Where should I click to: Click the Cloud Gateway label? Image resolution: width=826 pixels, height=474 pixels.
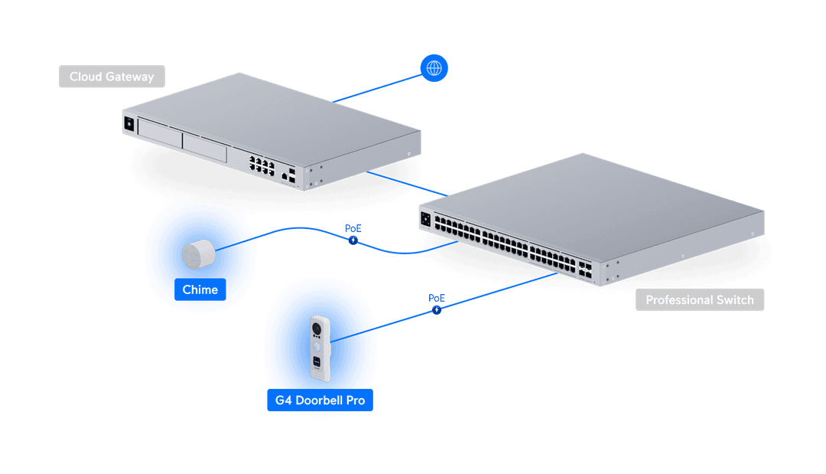coord(112,77)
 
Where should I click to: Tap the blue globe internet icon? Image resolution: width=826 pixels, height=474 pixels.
coord(434,69)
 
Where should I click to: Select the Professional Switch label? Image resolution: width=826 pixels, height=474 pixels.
coord(699,300)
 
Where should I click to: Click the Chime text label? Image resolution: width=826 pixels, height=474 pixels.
coord(200,290)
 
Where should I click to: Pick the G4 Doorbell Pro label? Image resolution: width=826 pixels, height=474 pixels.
coord(320,400)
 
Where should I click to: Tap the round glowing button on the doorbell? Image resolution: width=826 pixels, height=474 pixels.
coord(318,345)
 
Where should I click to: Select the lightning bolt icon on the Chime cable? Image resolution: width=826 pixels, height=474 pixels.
coord(353,240)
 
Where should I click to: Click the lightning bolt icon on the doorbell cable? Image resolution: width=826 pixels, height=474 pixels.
coord(437,310)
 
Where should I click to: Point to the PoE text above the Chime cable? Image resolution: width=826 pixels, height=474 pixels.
coord(353,229)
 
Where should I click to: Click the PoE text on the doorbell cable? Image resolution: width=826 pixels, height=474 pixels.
coord(437,298)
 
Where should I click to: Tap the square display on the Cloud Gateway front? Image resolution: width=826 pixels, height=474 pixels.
coord(128,123)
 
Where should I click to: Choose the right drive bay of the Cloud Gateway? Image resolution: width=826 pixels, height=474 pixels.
coord(204,149)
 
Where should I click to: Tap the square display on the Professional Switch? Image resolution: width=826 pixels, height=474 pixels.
coord(425,220)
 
